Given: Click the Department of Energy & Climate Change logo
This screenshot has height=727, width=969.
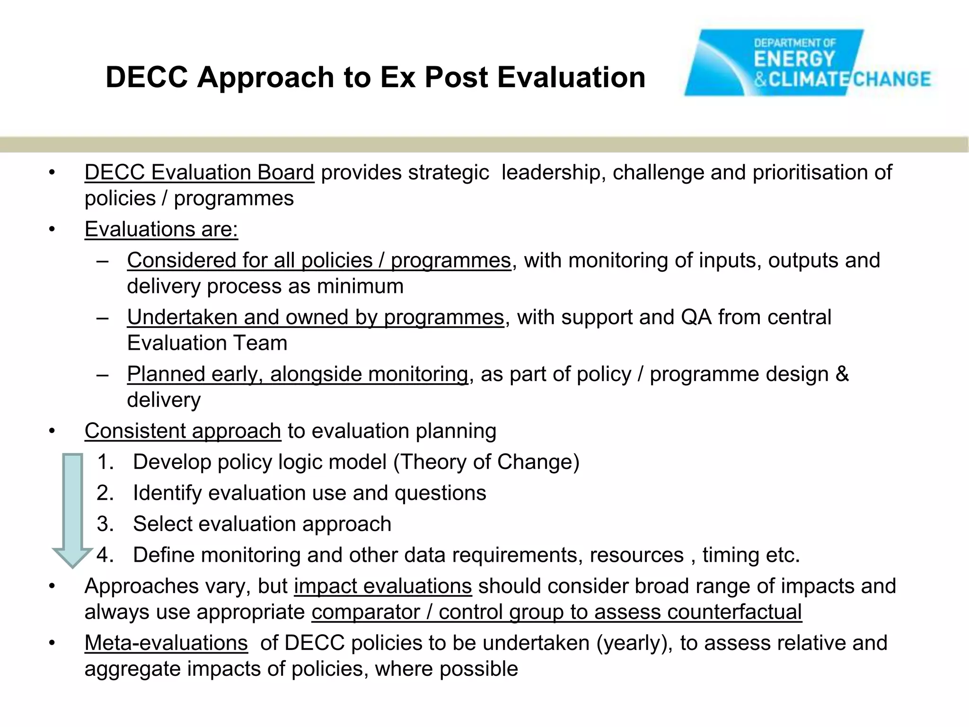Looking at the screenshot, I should [807, 63].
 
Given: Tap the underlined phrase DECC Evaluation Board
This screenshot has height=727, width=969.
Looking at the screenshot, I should [199, 172].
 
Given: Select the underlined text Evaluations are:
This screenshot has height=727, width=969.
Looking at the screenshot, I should [161, 230].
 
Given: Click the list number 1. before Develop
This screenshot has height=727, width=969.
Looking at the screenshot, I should [106, 462].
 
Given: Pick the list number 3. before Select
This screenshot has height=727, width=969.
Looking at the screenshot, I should [106, 524].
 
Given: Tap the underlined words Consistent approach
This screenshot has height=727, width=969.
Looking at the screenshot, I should [183, 431].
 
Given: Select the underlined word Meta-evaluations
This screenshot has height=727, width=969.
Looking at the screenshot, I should [166, 643].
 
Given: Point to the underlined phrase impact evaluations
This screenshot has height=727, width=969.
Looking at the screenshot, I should [383, 586].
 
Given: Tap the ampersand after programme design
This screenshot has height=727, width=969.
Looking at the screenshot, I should [842, 374].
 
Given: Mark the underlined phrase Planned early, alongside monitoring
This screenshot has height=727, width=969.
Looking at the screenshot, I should [298, 374].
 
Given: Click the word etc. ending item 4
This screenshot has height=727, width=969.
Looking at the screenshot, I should [783, 555].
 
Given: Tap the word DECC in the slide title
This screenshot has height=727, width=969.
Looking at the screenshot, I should [147, 77].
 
